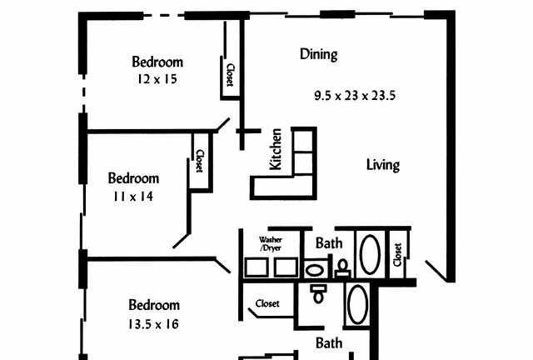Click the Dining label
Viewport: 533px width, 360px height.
[x=319, y=54]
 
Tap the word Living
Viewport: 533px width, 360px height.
[x=383, y=165]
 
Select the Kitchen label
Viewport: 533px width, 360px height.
[x=276, y=149]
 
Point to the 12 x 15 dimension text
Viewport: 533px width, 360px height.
[x=157, y=79]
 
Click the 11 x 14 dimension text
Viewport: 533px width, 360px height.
[x=133, y=197]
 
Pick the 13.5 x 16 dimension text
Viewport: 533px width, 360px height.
[x=153, y=324]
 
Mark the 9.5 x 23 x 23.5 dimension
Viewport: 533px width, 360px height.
[x=355, y=96]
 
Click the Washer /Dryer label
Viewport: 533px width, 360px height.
[x=271, y=244]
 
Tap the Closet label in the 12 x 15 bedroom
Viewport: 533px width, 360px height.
[x=230, y=75]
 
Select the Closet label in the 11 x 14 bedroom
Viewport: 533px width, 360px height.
[x=200, y=161]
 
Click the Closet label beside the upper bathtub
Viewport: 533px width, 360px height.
[x=397, y=254]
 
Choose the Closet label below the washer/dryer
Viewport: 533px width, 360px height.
[x=267, y=303]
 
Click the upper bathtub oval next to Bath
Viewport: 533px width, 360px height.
[x=370, y=254]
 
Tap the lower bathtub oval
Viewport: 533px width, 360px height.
[x=358, y=305]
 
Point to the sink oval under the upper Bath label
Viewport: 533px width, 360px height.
[x=315, y=271]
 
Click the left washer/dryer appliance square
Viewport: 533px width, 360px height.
[x=256, y=267]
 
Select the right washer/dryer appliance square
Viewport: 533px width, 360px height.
[x=286, y=267]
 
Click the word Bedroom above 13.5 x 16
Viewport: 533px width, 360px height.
[x=154, y=305]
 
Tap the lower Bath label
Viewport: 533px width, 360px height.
[x=329, y=343]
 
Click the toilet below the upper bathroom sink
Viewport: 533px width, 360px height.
[x=318, y=294]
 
